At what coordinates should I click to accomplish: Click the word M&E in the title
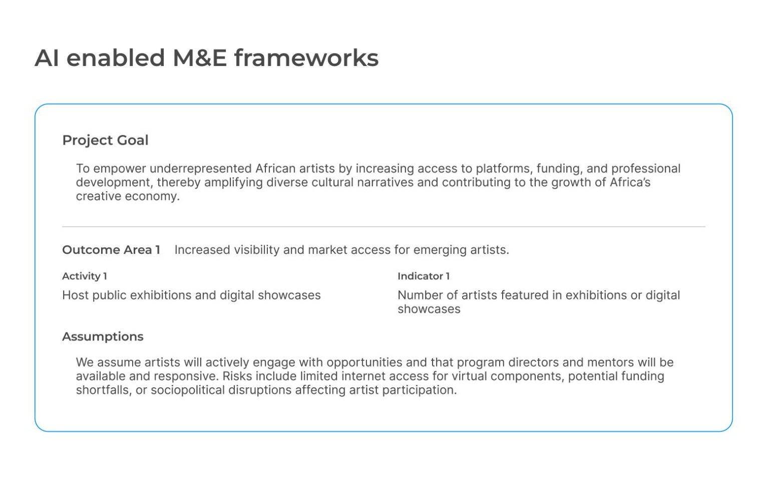pyautogui.click(x=199, y=58)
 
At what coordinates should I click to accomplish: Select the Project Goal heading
pyautogui.click(x=105, y=141)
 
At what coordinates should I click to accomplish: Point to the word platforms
pyautogui.click(x=504, y=169)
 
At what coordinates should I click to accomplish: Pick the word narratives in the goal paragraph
pyautogui.click(x=386, y=182)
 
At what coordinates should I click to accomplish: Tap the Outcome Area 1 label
pyautogui.click(x=111, y=250)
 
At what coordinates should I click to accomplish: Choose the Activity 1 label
pyautogui.click(x=85, y=276)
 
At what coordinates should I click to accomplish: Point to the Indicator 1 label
pyautogui.click(x=424, y=276)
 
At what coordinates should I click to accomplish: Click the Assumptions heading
pyautogui.click(x=103, y=337)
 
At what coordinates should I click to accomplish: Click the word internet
pyautogui.click(x=363, y=376)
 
